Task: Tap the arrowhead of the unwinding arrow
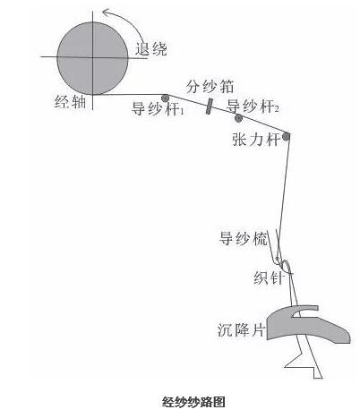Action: [x=105, y=12]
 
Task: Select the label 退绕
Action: [x=151, y=49]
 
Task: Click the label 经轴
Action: [x=71, y=102]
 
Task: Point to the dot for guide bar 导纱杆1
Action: [x=165, y=98]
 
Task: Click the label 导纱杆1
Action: [x=158, y=109]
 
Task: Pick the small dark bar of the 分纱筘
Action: [x=210, y=107]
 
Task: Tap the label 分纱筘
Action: [x=210, y=87]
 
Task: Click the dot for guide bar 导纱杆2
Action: [x=238, y=118]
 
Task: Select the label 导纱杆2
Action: [x=253, y=106]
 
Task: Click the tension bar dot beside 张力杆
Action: [x=286, y=137]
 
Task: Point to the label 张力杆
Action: [x=256, y=140]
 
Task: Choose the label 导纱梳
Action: [x=243, y=238]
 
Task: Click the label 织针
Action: [x=268, y=278]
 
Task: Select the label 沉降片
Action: [x=241, y=330]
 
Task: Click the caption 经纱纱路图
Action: [x=193, y=402]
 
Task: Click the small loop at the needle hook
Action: [x=286, y=267]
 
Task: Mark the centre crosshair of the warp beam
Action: [x=92, y=57]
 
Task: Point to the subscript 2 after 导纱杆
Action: [x=277, y=110]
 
